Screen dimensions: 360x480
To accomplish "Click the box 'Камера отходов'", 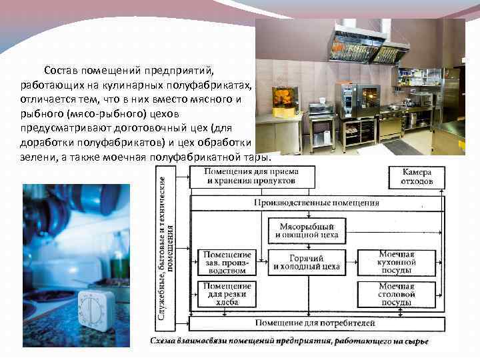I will pos(417,176).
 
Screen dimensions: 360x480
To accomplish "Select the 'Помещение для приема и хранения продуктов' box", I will pos(253,176).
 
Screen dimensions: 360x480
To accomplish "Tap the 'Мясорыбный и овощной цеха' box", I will pos(307,230).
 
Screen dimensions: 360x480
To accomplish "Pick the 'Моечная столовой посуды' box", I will pos(397,294).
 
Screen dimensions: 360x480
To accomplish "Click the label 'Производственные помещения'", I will pos(317,203).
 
